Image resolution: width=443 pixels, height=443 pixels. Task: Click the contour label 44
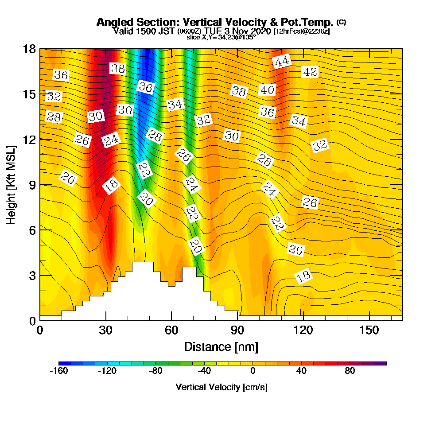[x=282, y=62]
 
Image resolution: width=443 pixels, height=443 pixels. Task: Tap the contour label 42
[x=310, y=72]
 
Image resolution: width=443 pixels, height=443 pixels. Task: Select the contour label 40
[x=267, y=90]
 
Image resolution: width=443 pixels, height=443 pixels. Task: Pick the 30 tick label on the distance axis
[x=105, y=330]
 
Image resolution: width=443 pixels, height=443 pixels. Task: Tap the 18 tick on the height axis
[x=29, y=49]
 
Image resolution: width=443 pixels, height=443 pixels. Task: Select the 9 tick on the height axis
[x=32, y=185]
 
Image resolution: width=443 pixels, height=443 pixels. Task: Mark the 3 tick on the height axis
[x=32, y=275]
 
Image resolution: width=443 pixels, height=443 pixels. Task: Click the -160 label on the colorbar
[x=59, y=371]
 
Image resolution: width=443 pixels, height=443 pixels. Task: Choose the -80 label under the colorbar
[x=156, y=371]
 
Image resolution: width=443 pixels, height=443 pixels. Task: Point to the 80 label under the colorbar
[x=350, y=371]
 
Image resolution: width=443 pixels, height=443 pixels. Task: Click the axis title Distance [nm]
[x=221, y=346]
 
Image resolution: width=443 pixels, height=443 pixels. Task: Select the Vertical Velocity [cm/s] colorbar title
[x=221, y=388]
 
